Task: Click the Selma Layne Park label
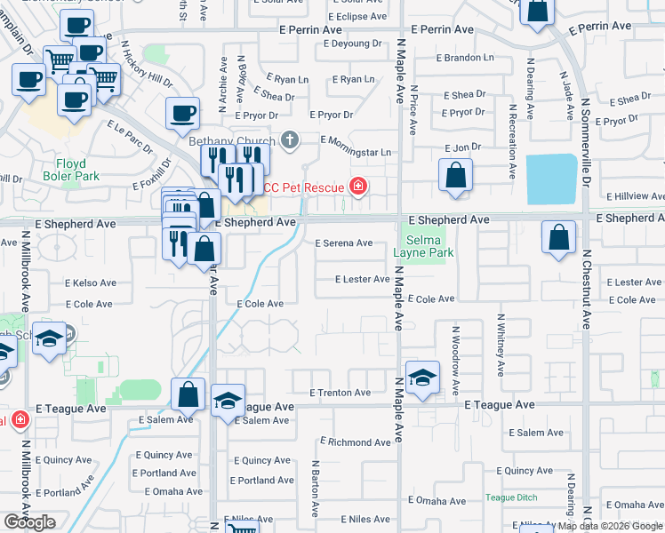pos(429,247)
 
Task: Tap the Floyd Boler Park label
pos(71,170)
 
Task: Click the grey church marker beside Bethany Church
pos(289,139)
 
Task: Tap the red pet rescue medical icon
pos(357,186)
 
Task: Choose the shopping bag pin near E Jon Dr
pos(455,176)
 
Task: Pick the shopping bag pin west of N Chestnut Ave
pos(557,238)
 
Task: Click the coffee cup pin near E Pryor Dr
pos(182,113)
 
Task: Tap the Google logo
pos(29,522)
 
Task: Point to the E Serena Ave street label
pos(344,243)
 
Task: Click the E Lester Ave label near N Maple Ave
pos(363,279)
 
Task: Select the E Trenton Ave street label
pos(340,393)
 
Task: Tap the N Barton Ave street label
pos(315,489)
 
